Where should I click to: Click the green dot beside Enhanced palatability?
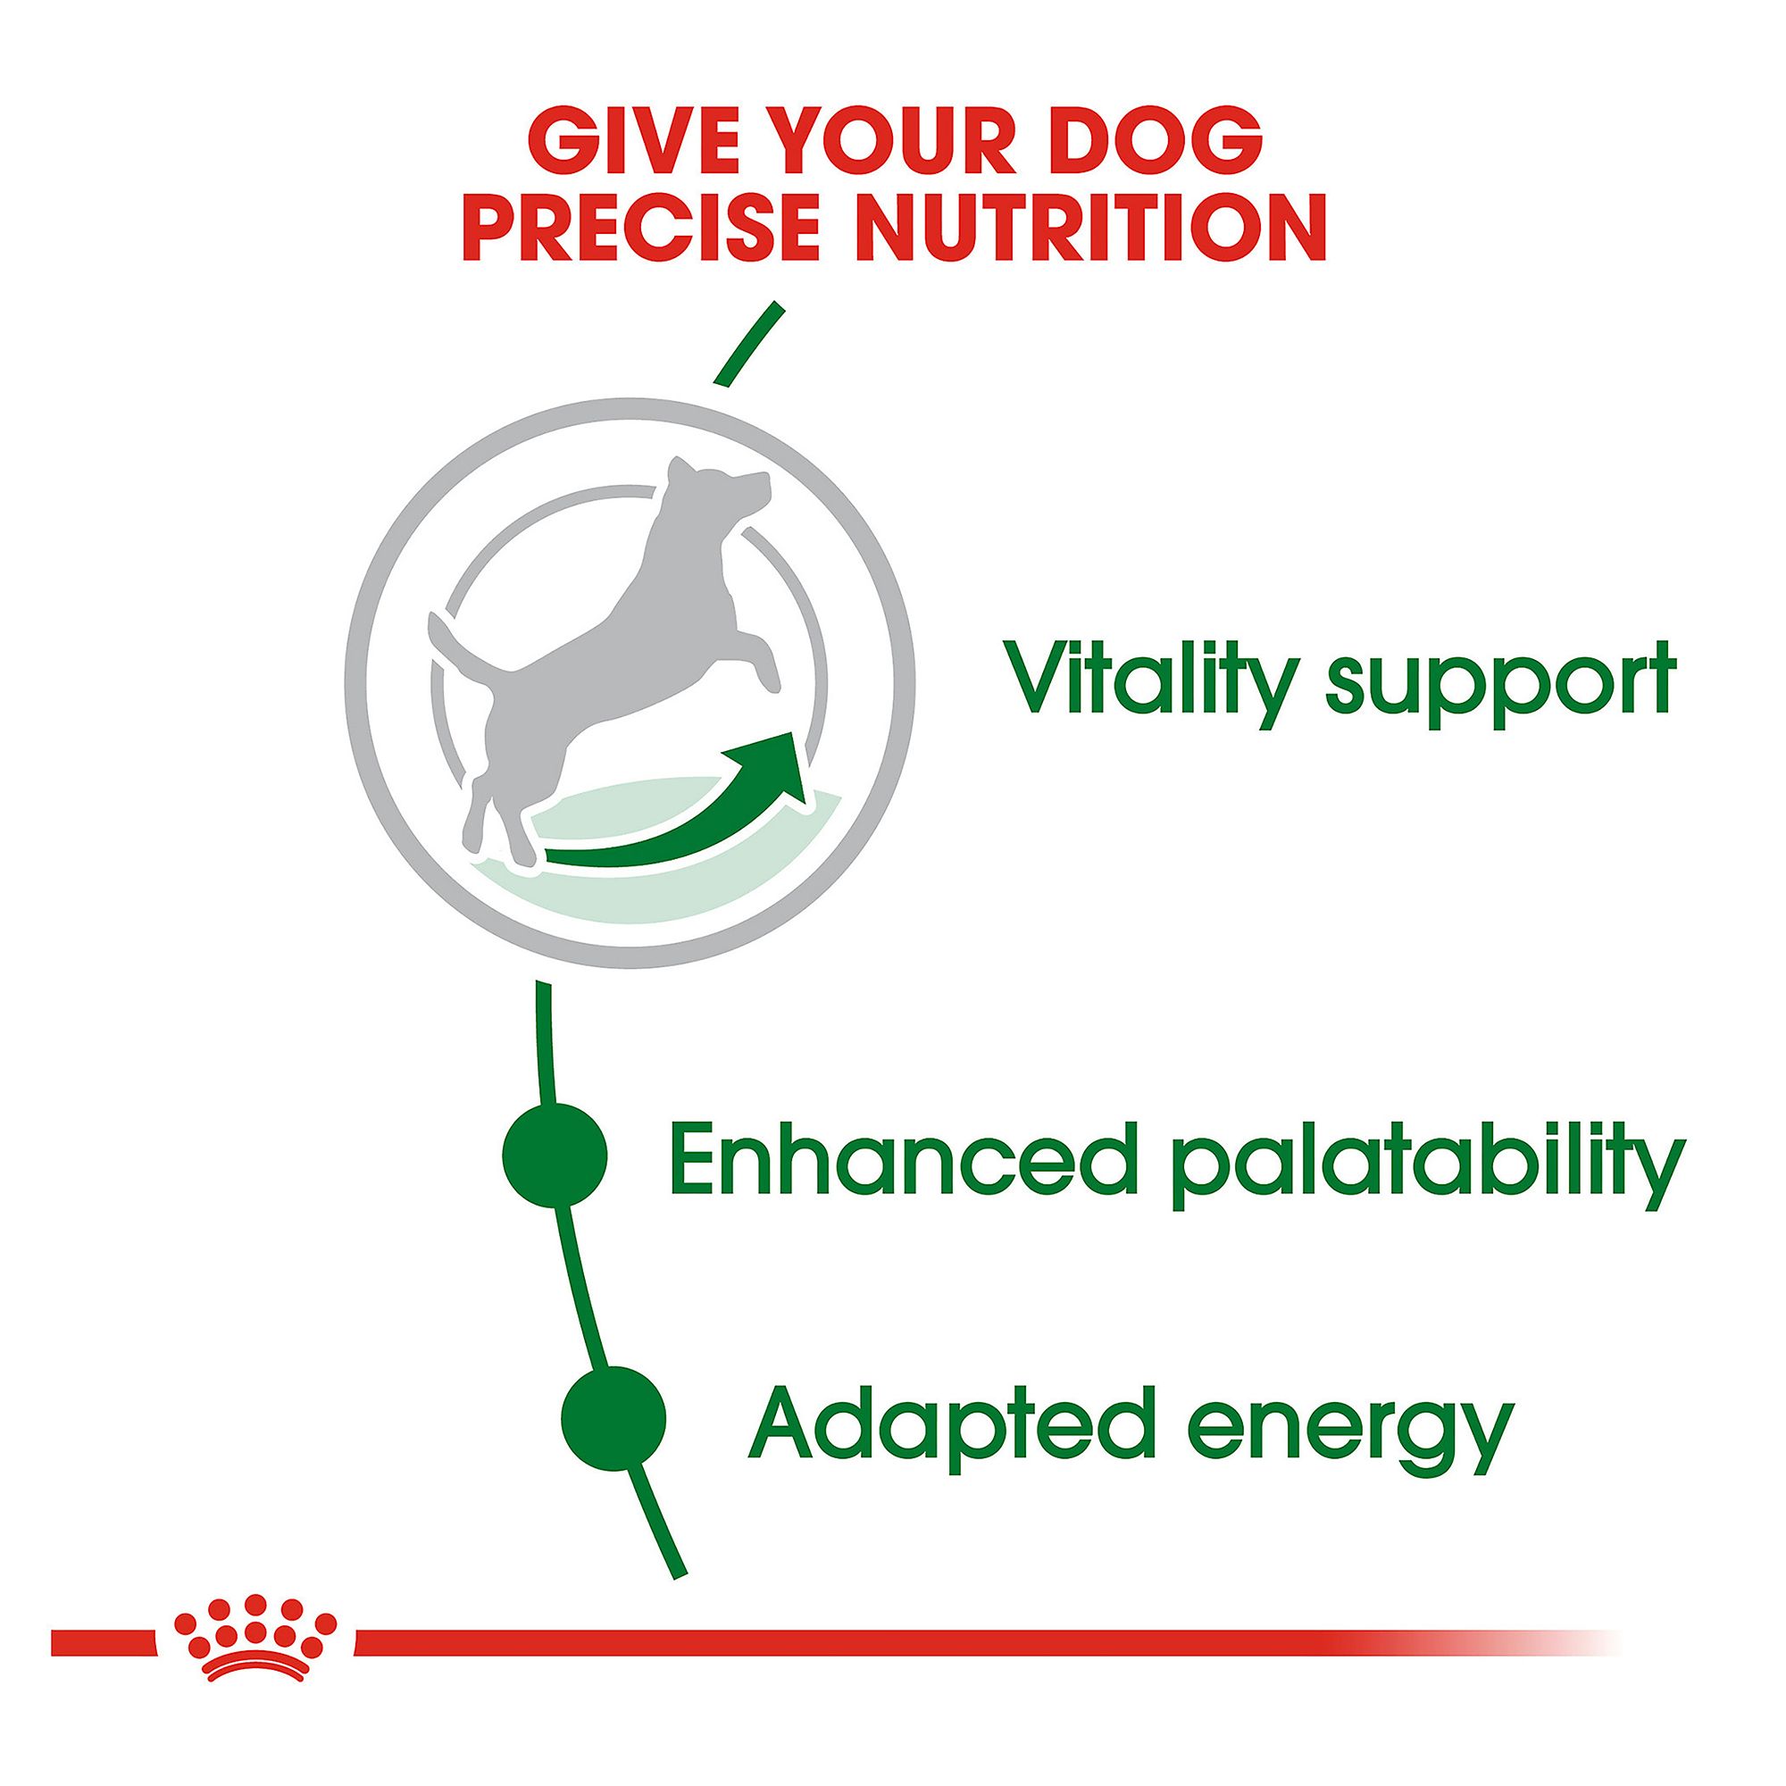pos(554,1153)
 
